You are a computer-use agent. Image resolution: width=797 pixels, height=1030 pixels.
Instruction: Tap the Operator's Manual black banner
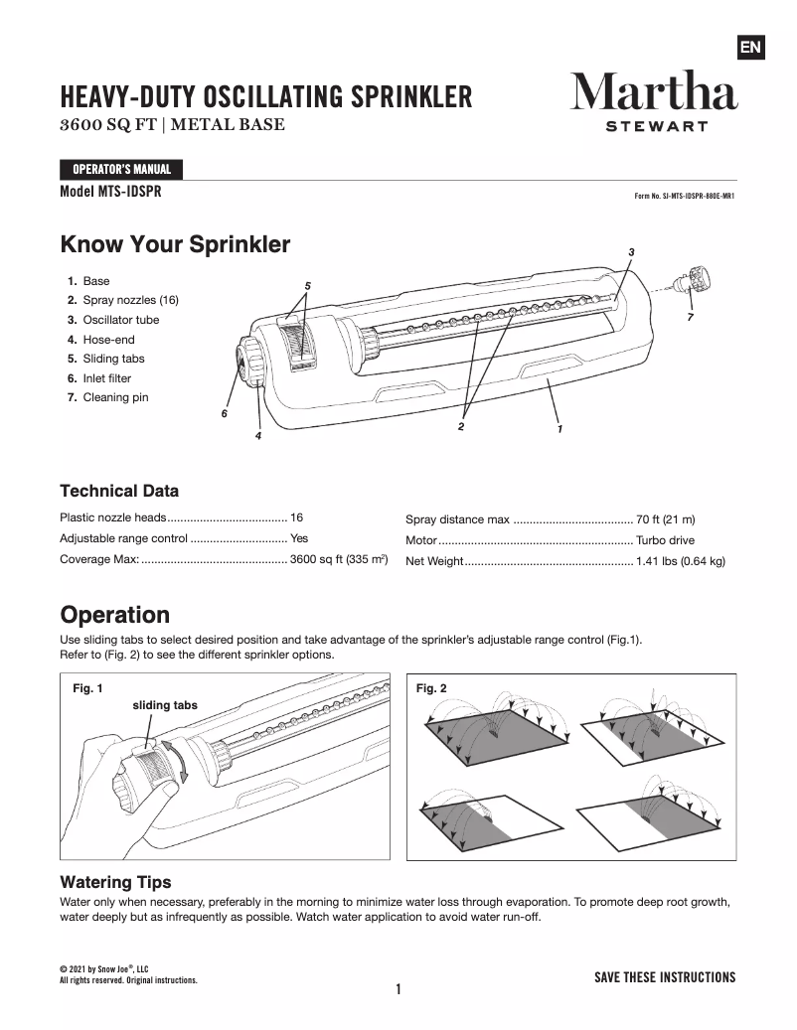[x=121, y=169]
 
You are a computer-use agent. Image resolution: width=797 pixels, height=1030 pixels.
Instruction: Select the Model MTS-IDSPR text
[x=110, y=192]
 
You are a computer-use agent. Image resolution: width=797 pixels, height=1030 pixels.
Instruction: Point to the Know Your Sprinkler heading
[x=175, y=244]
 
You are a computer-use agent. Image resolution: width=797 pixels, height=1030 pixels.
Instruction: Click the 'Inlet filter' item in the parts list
[x=106, y=378]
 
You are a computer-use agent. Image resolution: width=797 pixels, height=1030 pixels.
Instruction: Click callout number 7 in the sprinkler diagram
[x=690, y=317]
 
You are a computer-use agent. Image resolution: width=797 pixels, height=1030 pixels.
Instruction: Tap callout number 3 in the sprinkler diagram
[x=631, y=251]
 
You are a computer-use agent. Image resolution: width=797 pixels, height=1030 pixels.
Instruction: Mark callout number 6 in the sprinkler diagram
[x=225, y=413]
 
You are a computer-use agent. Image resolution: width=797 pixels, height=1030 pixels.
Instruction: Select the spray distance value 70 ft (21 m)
[x=665, y=519]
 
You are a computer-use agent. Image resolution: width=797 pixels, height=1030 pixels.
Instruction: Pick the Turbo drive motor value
[x=665, y=541]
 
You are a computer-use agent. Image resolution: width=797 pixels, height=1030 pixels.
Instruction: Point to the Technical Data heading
[x=119, y=491]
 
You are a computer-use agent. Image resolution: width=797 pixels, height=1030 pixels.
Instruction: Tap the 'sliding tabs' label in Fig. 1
[x=165, y=704]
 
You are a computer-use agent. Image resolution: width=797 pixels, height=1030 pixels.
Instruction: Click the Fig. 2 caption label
[x=431, y=687]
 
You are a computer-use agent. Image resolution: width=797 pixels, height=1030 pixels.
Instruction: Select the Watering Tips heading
[x=115, y=882]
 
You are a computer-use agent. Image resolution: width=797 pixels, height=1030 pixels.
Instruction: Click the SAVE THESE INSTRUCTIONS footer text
[x=664, y=977]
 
